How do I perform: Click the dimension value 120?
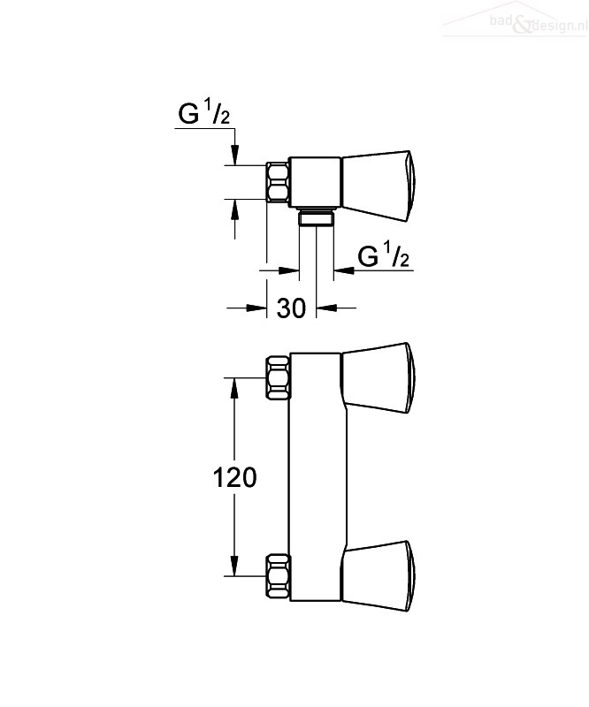click(234, 477)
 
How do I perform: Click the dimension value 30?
click(291, 308)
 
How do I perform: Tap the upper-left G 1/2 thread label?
click(204, 112)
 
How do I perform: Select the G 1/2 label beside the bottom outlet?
click(384, 255)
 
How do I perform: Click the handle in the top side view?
click(377, 186)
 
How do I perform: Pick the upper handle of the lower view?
click(377, 378)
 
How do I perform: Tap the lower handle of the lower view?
click(377, 576)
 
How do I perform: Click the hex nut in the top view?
click(278, 182)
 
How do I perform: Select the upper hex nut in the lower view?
click(278, 378)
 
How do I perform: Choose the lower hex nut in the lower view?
click(278, 576)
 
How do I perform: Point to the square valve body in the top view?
click(315, 182)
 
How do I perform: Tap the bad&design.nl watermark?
click(539, 23)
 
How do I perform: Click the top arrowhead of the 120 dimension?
click(234, 388)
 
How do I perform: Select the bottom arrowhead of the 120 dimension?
click(234, 566)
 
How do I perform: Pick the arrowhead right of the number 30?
click(326, 308)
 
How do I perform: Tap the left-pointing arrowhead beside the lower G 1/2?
click(344, 270)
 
